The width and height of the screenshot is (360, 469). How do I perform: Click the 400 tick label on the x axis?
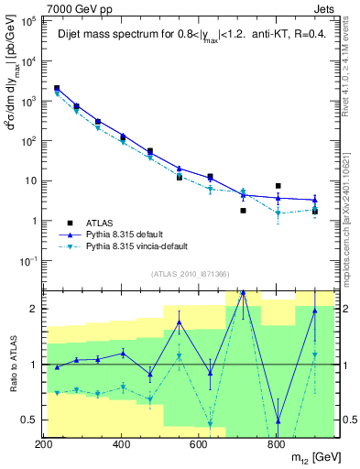121,444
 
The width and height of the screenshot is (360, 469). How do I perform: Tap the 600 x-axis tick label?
198,444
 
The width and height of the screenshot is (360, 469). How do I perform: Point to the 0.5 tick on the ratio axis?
30,420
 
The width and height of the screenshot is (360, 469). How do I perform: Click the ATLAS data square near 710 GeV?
243,211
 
